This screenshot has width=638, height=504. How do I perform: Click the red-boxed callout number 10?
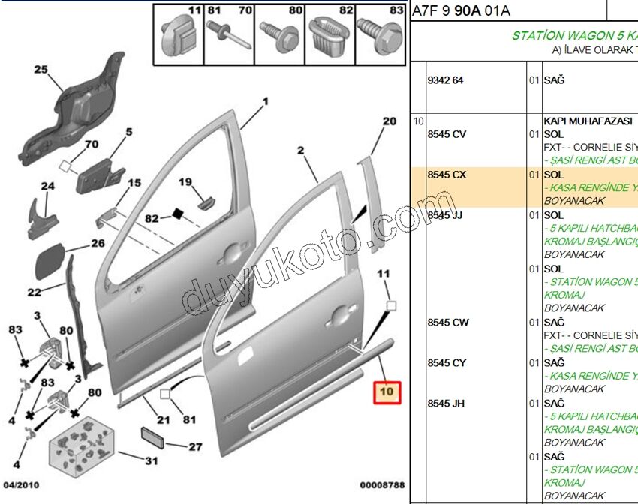(388, 392)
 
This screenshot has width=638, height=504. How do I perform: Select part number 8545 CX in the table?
(447, 175)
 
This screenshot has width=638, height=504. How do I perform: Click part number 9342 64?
(445, 80)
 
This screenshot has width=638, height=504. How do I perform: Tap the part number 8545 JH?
(446, 403)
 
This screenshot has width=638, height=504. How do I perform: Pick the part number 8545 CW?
(447, 322)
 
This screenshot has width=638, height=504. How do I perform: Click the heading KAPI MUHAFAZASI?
(588, 121)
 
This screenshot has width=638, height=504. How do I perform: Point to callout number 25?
(41, 70)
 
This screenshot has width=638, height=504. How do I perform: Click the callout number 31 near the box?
(151, 460)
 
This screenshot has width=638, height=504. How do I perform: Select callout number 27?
(194, 447)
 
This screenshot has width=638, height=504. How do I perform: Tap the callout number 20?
(389, 121)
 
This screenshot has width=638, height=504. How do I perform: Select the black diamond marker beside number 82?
(179, 214)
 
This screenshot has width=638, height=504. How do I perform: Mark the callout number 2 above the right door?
(301, 151)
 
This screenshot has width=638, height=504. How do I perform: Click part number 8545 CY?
(447, 363)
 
